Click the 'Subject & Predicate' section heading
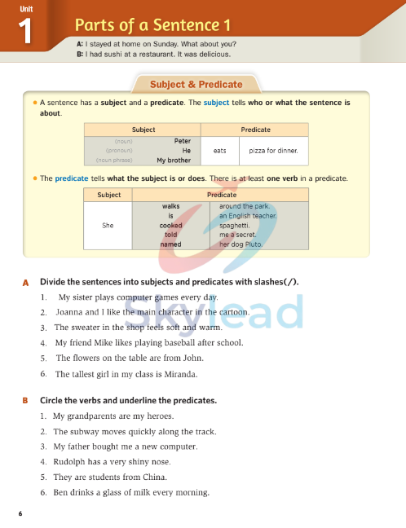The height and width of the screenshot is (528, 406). pos(196,84)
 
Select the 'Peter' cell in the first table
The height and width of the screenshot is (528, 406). pos(182,141)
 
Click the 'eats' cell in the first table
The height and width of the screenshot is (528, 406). pos(219,151)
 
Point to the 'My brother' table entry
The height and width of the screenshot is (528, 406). pos(173,161)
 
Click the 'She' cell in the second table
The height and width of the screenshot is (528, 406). pos(108,225)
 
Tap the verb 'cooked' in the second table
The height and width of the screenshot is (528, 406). pos(170,225)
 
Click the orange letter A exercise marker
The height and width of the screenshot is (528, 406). pos(25,282)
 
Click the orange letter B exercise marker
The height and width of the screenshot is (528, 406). pos(25,401)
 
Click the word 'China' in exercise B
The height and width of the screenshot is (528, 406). pos(155,477)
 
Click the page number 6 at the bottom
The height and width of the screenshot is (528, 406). pos(20,513)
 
